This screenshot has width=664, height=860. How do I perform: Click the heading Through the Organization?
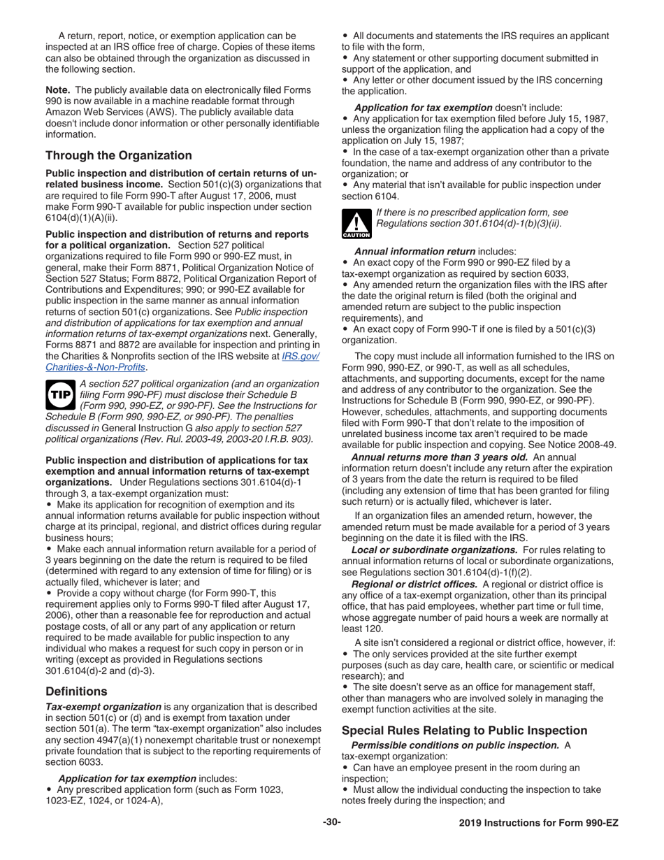point(118,156)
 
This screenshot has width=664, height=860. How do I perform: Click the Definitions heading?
point(76,691)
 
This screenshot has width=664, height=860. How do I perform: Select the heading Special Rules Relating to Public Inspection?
point(464,731)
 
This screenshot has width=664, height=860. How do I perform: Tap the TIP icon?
point(59,394)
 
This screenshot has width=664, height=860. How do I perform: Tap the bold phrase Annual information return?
point(414,251)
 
